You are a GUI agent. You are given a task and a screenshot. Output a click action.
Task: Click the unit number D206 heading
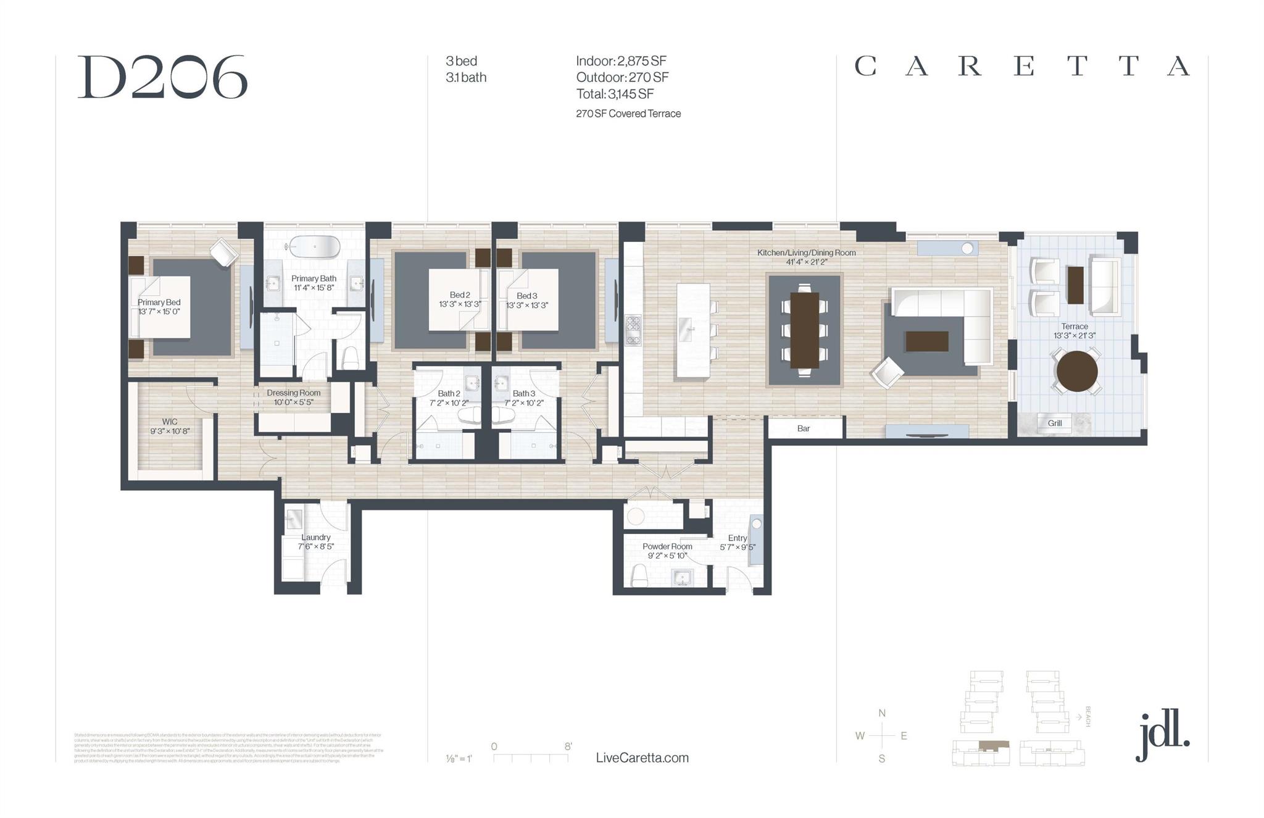pyautogui.click(x=162, y=77)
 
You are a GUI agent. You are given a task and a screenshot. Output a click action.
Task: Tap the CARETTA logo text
pyautogui.click(x=1021, y=66)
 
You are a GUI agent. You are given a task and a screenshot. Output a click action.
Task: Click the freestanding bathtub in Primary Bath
pyautogui.click(x=315, y=246)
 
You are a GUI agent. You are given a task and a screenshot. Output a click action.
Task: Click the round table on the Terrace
pyautogui.click(x=1076, y=371)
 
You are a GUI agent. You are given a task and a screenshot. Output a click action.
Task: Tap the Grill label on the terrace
pyautogui.click(x=1054, y=423)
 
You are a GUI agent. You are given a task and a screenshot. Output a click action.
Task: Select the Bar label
pyautogui.click(x=803, y=428)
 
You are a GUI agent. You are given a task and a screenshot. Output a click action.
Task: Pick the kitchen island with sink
pyautogui.click(x=692, y=330)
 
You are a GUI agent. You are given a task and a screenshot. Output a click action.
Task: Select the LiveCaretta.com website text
pyautogui.click(x=642, y=757)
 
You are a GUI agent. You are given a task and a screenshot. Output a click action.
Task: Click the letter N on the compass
pyautogui.click(x=881, y=713)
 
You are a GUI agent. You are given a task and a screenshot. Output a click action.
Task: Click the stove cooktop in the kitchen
pyautogui.click(x=633, y=330)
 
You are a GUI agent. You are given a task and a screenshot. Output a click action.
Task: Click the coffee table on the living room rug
pyautogui.click(x=926, y=341)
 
